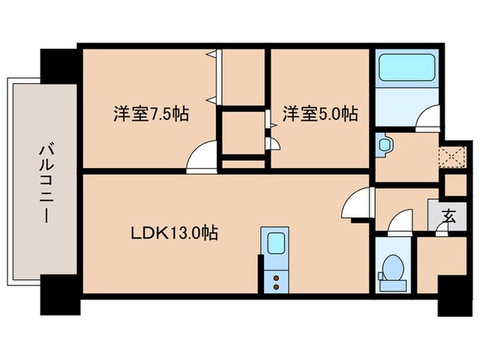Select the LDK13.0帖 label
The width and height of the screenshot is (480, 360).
175,234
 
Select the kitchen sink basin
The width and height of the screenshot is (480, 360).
276,243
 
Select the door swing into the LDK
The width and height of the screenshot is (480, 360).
357,205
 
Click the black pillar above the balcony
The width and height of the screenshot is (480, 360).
61,65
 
